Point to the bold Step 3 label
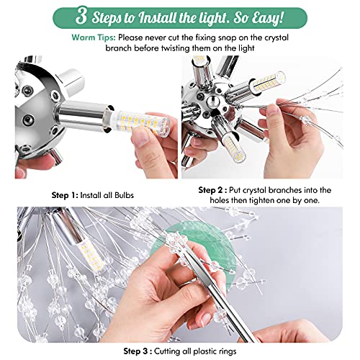pyautogui.click(x=135, y=352)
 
